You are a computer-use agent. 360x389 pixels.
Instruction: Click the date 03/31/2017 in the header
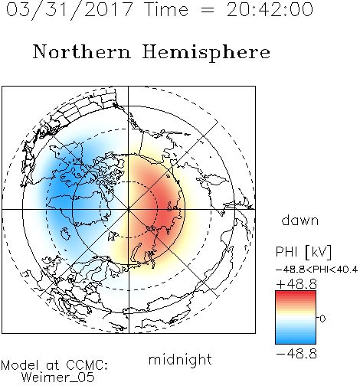[x=70, y=10]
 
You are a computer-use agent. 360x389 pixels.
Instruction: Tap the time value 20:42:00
[x=270, y=10]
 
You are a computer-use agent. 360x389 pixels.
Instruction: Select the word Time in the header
[x=166, y=10]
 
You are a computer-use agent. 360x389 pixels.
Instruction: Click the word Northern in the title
[x=82, y=51]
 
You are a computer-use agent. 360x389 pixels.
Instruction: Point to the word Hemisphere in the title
[x=206, y=53]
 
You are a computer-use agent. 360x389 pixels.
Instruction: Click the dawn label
[x=300, y=220]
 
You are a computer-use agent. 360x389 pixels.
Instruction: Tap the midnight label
[x=180, y=359]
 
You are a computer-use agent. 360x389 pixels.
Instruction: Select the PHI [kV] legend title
[x=304, y=252]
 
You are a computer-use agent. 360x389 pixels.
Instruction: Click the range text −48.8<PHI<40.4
[x=316, y=270]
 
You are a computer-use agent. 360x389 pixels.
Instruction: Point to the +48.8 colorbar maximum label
[x=296, y=284]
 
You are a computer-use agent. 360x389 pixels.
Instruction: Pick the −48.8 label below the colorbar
[x=296, y=354]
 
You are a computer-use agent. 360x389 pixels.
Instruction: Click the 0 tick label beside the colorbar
[x=322, y=319]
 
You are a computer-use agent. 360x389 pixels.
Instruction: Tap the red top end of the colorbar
[x=296, y=293]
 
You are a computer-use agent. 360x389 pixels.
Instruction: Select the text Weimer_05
[x=58, y=378]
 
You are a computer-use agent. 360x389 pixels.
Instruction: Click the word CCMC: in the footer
[x=87, y=365]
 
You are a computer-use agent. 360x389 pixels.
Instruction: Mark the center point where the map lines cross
[x=129, y=209]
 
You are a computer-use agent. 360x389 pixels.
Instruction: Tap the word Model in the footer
[x=20, y=365]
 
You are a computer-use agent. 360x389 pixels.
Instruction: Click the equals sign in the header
[x=208, y=10]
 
